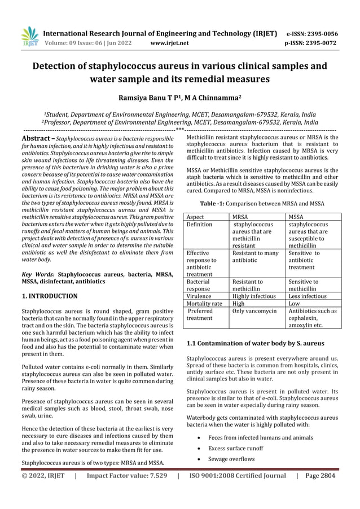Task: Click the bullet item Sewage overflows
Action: pyautogui.click(x=231, y=459)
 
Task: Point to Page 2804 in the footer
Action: pyautogui.click(x=319, y=476)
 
